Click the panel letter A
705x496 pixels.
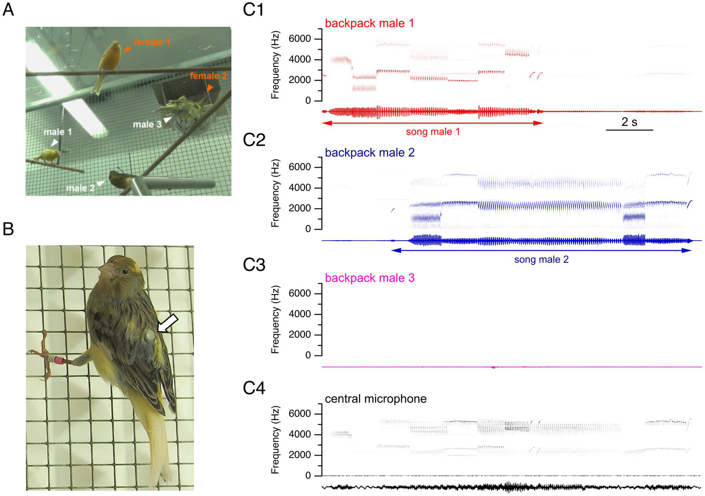click(x=8, y=9)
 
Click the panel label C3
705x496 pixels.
click(x=254, y=265)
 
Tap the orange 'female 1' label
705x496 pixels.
click(x=152, y=42)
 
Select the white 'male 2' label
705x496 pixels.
click(x=80, y=188)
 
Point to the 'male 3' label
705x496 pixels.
click(x=147, y=124)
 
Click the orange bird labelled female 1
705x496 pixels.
click(x=108, y=64)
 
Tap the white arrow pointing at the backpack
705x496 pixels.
click(x=168, y=323)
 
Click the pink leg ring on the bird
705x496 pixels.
click(x=58, y=360)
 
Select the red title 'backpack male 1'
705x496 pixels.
click(x=369, y=23)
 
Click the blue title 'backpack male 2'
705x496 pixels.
click(x=369, y=152)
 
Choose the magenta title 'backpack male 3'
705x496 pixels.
click(x=369, y=278)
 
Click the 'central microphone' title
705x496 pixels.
click(x=376, y=399)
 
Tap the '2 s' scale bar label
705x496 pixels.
click(x=629, y=122)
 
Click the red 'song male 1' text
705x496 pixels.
click(x=433, y=132)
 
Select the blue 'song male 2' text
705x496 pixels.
click(x=541, y=259)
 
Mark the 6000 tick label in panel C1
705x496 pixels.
click(x=299, y=39)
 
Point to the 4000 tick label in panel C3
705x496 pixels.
click(x=299, y=314)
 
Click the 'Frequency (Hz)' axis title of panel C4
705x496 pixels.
click(x=275, y=440)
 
